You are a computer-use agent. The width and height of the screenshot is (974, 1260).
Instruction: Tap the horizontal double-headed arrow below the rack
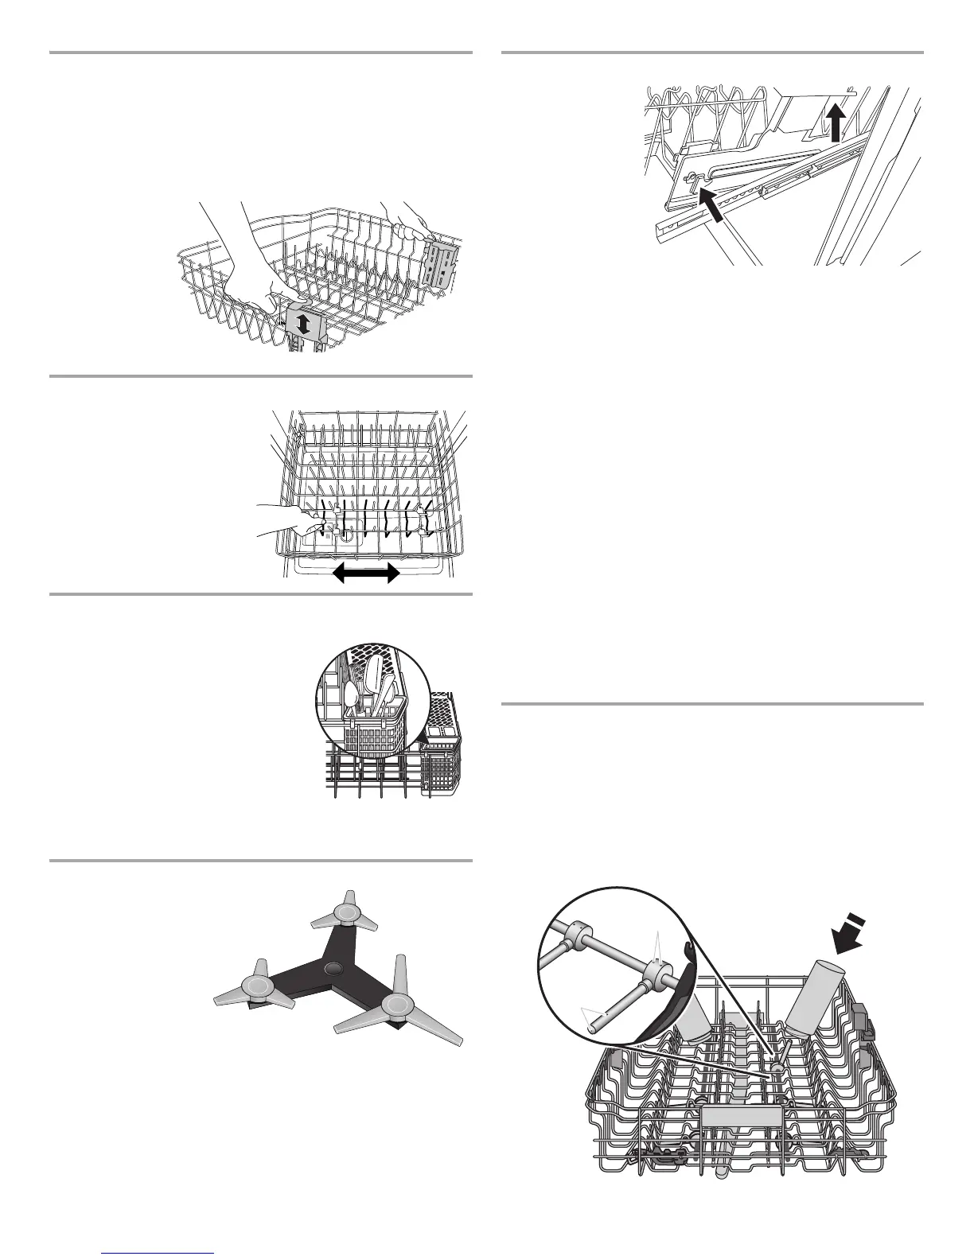pyautogui.click(x=366, y=572)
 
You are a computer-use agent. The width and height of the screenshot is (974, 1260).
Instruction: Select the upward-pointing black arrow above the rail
pyautogui.click(x=835, y=123)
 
